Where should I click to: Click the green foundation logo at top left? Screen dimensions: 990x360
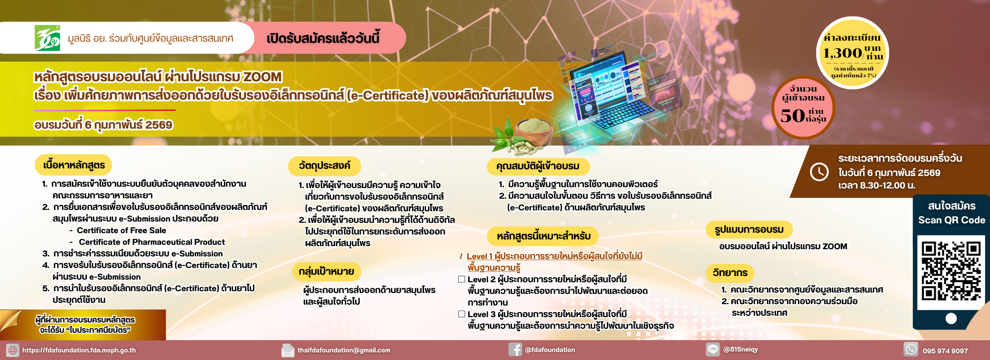tap(47, 38)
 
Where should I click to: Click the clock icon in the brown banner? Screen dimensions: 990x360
tap(819, 172)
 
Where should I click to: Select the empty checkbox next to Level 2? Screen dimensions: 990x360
tap(461, 279)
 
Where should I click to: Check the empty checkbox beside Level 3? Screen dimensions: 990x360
tap(461, 314)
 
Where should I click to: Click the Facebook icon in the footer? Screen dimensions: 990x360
tap(515, 350)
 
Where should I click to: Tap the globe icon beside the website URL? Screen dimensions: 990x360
tap(13, 350)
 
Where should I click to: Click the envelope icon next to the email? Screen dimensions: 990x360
tap(288, 350)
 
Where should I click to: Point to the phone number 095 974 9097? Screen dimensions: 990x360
tap(945, 351)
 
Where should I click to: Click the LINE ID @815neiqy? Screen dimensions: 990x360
tap(741, 349)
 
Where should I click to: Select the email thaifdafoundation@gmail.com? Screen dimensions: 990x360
tap(344, 350)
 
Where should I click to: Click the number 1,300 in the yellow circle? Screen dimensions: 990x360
tap(843, 53)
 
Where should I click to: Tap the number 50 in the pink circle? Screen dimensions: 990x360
tap(793, 115)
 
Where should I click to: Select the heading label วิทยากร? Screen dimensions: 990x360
tap(730, 272)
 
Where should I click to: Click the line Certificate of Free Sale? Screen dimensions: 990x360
tap(122, 230)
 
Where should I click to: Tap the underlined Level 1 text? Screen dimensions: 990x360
tap(554, 262)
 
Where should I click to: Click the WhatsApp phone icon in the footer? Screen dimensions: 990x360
tap(911, 349)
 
